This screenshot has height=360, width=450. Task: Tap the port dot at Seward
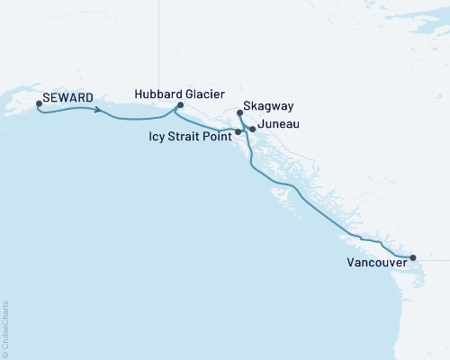[x=39, y=104]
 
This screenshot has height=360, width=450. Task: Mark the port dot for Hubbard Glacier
[x=180, y=105]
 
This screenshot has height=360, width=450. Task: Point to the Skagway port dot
[x=239, y=113]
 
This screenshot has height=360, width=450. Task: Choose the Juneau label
[x=278, y=122]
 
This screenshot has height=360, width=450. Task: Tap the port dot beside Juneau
[x=252, y=130]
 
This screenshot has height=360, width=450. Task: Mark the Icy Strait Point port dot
[x=238, y=132]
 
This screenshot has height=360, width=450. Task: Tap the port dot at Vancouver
[x=413, y=258]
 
